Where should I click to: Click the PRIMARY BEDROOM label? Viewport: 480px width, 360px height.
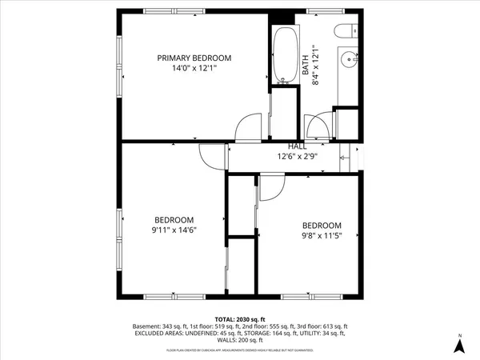194,58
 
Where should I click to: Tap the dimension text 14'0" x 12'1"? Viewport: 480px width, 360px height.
194,69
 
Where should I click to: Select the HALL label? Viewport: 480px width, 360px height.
298,146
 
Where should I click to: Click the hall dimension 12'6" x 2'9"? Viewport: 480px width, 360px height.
298,157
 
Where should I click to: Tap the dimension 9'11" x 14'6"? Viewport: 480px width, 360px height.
174,230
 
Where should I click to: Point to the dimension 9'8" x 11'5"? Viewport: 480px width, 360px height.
321,236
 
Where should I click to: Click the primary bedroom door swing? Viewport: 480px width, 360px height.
249,128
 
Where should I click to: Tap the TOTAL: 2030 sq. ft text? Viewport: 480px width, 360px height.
239,319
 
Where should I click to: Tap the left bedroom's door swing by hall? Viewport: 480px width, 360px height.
211,157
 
